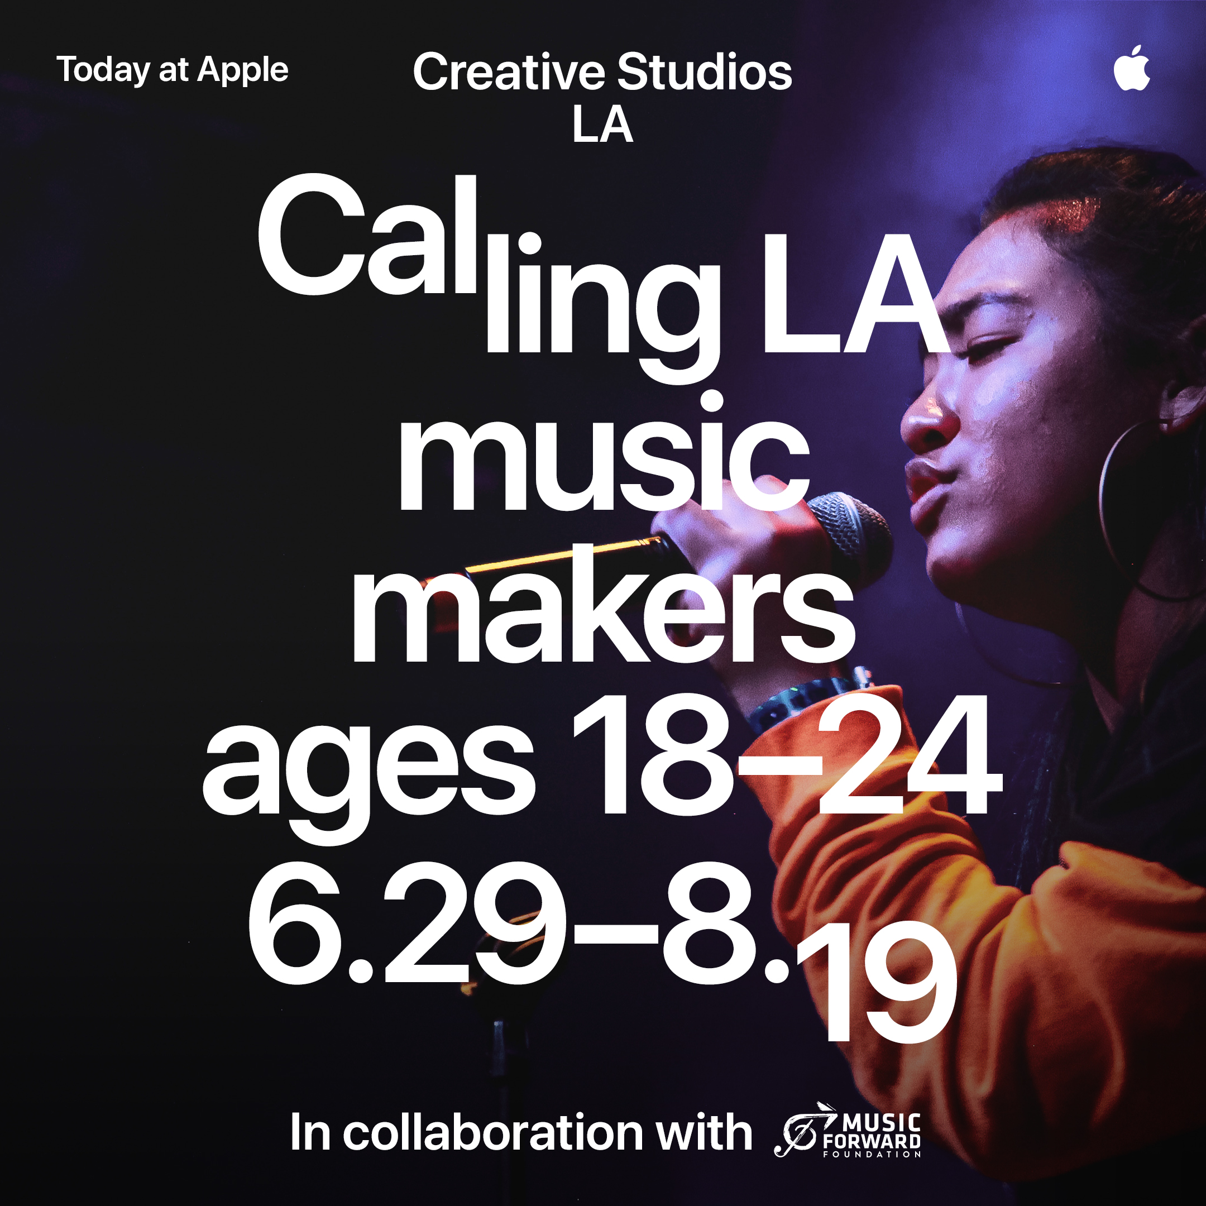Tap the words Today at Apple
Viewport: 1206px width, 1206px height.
point(173,70)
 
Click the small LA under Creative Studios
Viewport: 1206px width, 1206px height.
point(602,124)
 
